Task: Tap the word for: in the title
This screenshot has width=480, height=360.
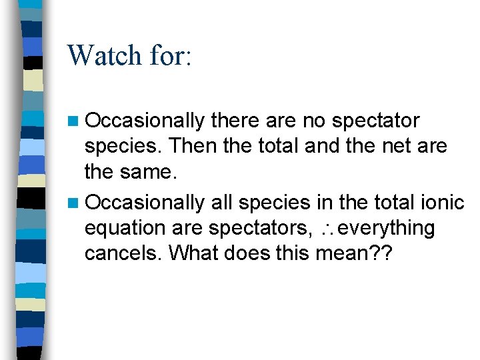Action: (171, 55)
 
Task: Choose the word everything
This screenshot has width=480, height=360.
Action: (387, 228)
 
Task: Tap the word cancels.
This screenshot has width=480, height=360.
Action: (117, 253)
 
